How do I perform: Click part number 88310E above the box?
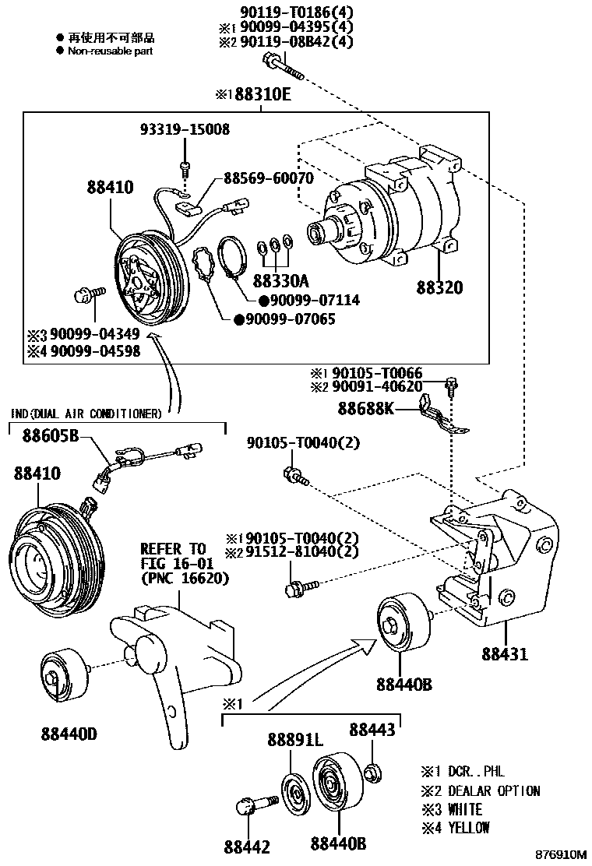257,96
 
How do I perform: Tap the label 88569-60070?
269,178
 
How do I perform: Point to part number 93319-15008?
185,129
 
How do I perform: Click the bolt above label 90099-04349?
83,294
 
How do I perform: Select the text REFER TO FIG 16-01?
172,556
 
